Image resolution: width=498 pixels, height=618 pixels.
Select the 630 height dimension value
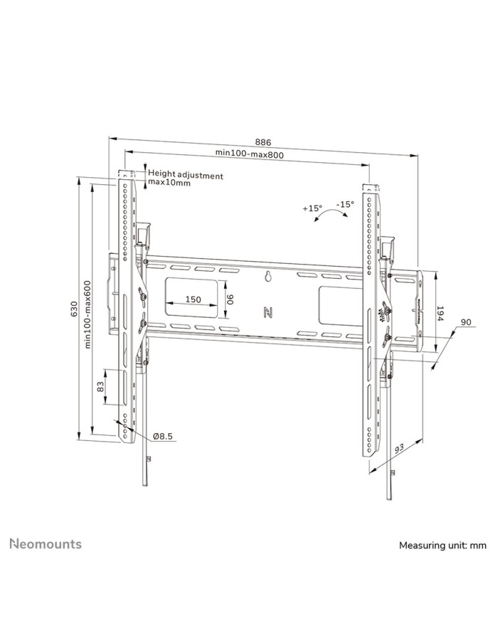coord(73,309)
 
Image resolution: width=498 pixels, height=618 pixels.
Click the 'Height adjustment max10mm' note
coord(186,179)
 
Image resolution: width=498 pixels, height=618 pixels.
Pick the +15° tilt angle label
coord(312,208)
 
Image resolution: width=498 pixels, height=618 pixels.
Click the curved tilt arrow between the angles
coord(329,216)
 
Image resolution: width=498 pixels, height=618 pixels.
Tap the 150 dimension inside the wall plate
coord(193,299)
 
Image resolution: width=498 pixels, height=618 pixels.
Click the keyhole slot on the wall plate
coord(268,277)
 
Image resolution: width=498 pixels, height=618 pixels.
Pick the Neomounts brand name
coord(45,544)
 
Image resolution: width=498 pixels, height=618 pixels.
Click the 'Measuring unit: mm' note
coord(442,545)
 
